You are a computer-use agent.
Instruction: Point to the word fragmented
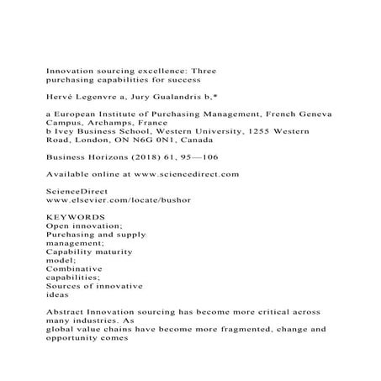pyautogui.click(x=236, y=330)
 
